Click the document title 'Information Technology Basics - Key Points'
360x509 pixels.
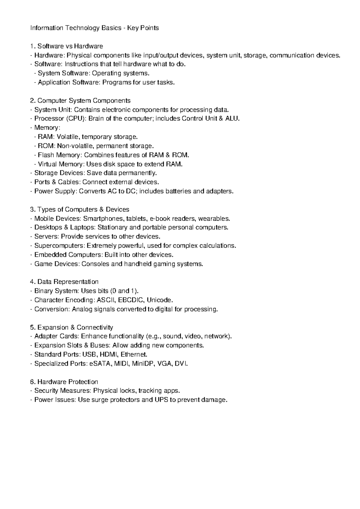(x=94, y=28)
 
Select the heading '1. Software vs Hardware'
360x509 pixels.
(x=67, y=46)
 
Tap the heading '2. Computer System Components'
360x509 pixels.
(x=80, y=100)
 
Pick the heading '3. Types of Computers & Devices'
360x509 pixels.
(x=80, y=210)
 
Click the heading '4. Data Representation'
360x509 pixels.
(x=64, y=282)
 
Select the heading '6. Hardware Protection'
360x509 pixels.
(x=64, y=382)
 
